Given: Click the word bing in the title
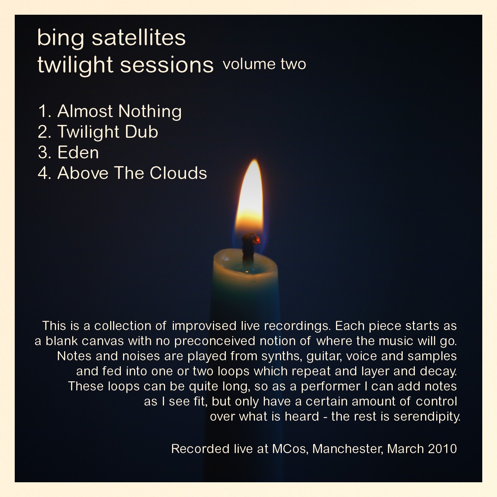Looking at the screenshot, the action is pyautogui.click(x=61, y=39).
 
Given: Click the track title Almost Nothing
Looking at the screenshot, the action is pyautogui.click(x=119, y=112).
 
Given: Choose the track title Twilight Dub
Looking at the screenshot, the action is pyautogui.click(x=108, y=132).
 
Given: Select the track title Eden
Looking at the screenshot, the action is pyautogui.click(x=78, y=153).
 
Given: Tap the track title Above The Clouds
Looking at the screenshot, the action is pyautogui.click(x=132, y=173).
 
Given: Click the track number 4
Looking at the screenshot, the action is pyautogui.click(x=43, y=173).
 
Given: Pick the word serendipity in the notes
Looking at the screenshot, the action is pyautogui.click(x=427, y=417).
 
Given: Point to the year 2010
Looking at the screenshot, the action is pyautogui.click(x=442, y=449).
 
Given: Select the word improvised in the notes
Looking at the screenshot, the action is pyautogui.click(x=204, y=326).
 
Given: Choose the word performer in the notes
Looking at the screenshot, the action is pyautogui.click(x=330, y=386).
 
